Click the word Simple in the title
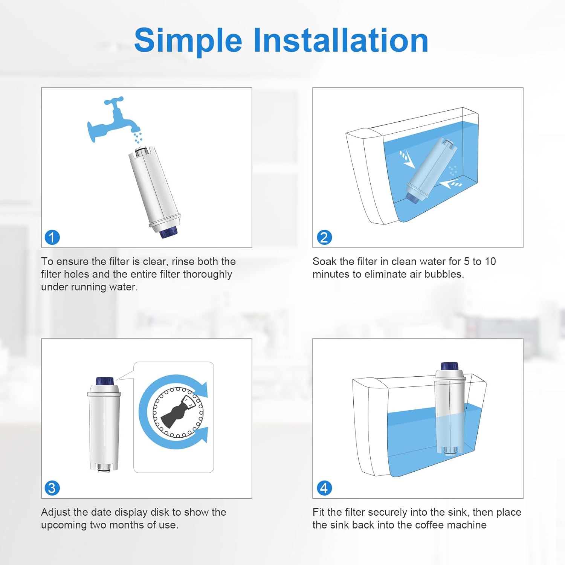[188, 41]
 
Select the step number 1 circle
[52, 237]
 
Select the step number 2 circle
[324, 237]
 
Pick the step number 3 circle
[52, 488]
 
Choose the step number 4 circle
[324, 488]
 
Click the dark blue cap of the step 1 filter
[168, 232]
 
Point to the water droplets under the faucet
[138, 137]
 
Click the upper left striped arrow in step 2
[407, 159]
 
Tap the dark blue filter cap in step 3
[104, 381]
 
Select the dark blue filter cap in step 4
[449, 366]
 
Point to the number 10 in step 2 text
[490, 261]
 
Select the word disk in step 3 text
[160, 512]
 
